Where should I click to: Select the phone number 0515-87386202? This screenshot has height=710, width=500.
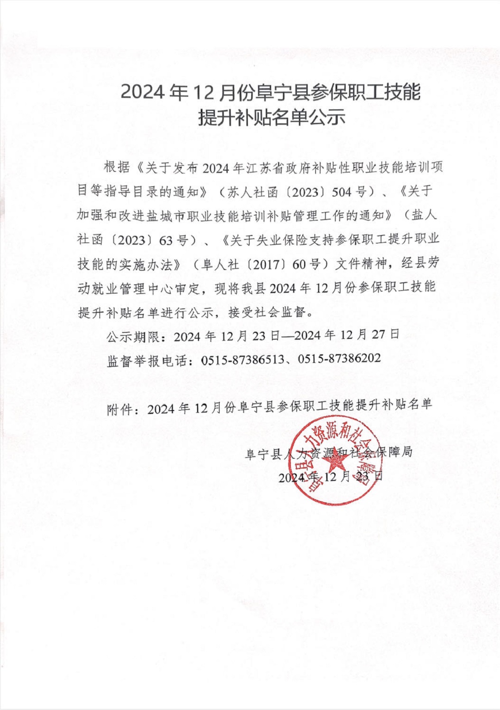tap(339, 358)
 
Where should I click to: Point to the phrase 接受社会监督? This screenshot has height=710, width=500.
tap(267, 312)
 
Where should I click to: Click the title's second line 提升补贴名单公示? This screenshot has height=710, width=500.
tap(272, 118)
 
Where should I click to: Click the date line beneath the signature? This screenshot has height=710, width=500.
tap(331, 476)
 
